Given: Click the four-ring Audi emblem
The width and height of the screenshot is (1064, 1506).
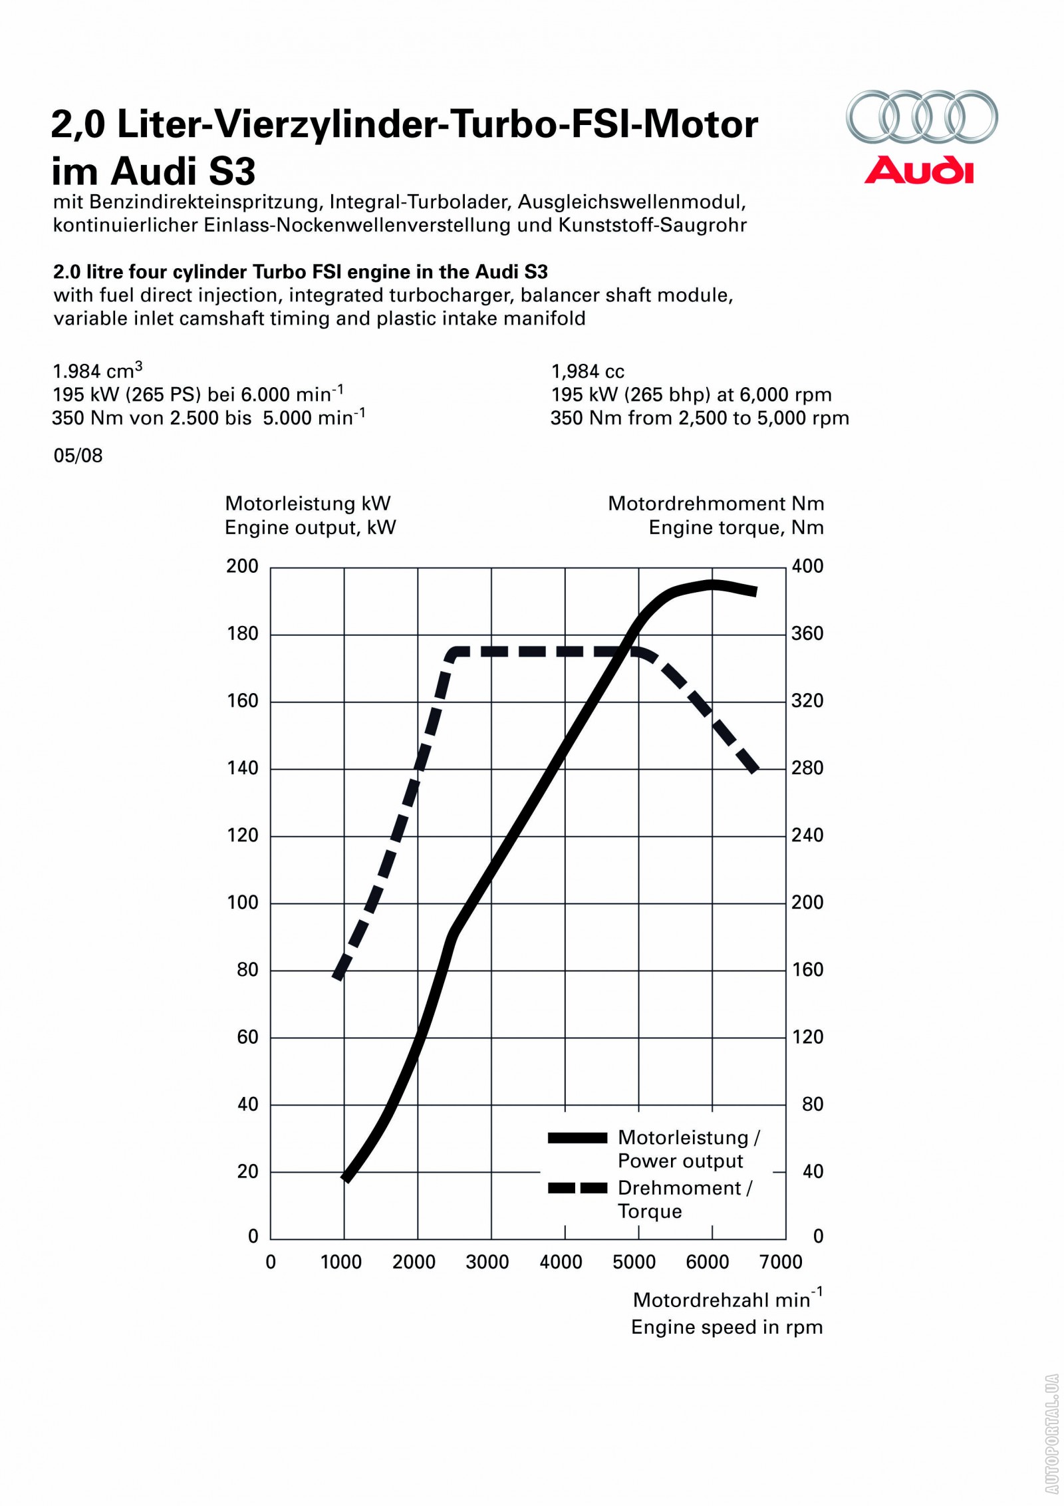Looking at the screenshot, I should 921,116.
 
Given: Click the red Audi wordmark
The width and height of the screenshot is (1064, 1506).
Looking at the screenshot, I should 918,170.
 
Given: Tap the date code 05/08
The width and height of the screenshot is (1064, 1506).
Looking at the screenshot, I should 78,456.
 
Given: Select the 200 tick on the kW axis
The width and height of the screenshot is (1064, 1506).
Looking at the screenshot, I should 242,566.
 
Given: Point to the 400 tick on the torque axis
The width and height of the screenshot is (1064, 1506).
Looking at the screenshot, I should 807,566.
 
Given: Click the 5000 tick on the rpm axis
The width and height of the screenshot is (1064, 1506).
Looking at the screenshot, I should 634,1262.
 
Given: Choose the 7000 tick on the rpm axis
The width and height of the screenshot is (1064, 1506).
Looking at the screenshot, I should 781,1262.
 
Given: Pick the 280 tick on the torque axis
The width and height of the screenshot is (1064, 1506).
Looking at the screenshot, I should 807,768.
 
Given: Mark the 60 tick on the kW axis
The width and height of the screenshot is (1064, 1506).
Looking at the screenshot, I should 247,1037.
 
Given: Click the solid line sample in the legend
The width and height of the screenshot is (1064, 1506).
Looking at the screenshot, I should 577,1137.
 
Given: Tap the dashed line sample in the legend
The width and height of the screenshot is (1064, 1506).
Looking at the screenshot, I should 577,1188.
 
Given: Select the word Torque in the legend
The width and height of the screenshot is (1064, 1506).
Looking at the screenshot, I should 650,1211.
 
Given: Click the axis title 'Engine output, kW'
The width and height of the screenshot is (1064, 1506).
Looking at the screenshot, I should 310,527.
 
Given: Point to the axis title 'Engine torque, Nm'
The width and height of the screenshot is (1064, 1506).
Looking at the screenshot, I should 736,527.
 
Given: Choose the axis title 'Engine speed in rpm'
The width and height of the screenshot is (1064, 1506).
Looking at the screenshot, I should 727,1327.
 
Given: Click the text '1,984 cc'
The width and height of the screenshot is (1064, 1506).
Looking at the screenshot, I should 588,371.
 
